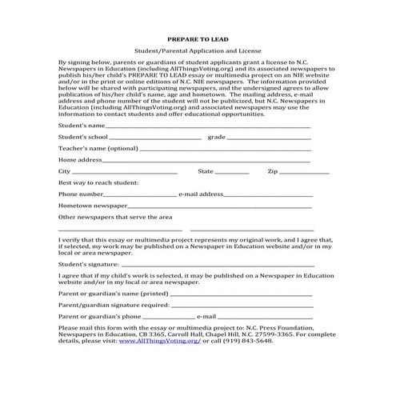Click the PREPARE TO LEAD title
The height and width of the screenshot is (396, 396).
point(197,38)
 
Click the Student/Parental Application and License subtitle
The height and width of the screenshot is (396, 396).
point(197,50)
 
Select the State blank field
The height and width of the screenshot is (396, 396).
point(232,173)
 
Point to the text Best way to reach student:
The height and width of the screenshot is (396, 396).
point(98,183)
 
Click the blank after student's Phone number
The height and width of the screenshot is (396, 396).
point(140,195)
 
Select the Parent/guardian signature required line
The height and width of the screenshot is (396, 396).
point(240,306)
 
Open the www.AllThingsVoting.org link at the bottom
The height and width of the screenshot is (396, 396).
point(160,341)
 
